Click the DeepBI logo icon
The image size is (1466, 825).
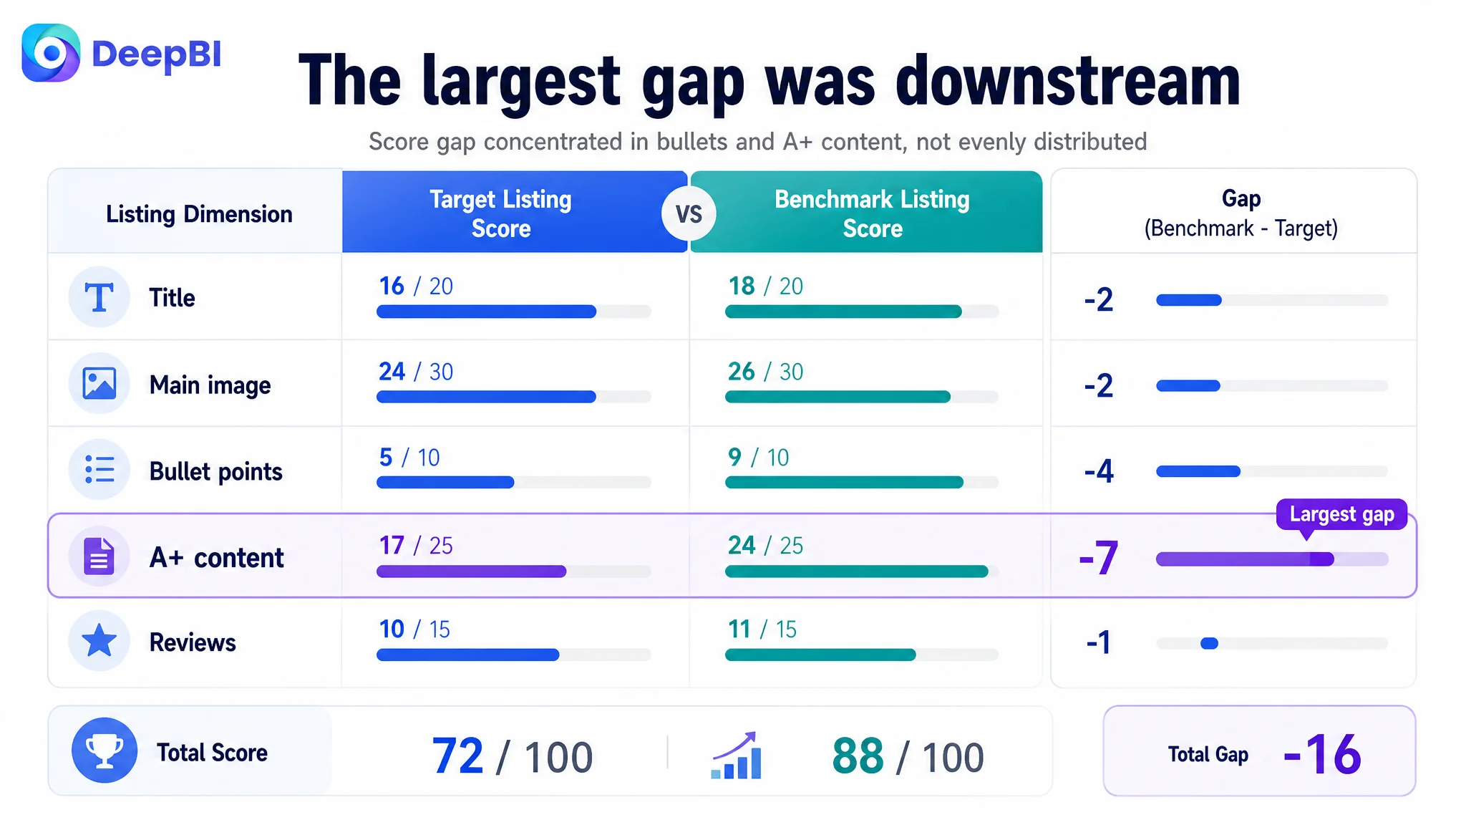click(x=51, y=53)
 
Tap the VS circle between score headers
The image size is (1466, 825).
click(x=689, y=213)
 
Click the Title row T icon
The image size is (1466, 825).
click(x=99, y=297)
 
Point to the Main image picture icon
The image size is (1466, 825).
click(x=99, y=383)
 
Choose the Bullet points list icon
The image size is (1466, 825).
click(x=99, y=470)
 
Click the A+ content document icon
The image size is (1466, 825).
click(x=99, y=556)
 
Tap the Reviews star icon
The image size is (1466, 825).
click(x=99, y=641)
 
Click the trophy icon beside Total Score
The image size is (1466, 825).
click(x=105, y=751)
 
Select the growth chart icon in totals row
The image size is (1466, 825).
click(x=736, y=755)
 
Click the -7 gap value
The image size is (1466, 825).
click(x=1099, y=558)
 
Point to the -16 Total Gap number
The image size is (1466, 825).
click(x=1322, y=754)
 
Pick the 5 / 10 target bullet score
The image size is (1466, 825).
click(x=409, y=457)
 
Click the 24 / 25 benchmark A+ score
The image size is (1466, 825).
click(x=765, y=545)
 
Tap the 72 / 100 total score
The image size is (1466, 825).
click(x=513, y=756)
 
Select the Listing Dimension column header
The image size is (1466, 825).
click(x=199, y=213)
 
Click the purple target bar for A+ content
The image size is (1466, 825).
click(x=471, y=571)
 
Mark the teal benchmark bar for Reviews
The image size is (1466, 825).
click(x=820, y=655)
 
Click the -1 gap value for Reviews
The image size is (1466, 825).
click(x=1099, y=642)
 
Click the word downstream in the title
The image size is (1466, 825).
click(x=1068, y=81)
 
